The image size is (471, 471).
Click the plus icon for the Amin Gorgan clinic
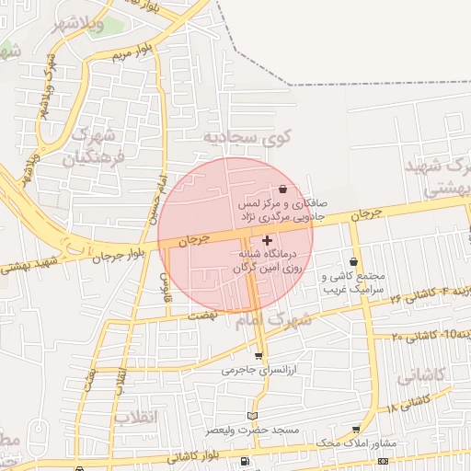268,240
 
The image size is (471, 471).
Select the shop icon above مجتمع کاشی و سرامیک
353,262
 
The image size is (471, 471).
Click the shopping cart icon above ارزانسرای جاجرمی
258,356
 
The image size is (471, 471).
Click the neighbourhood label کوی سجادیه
235,138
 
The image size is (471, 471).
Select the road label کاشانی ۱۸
408,403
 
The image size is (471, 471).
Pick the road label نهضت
201,314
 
